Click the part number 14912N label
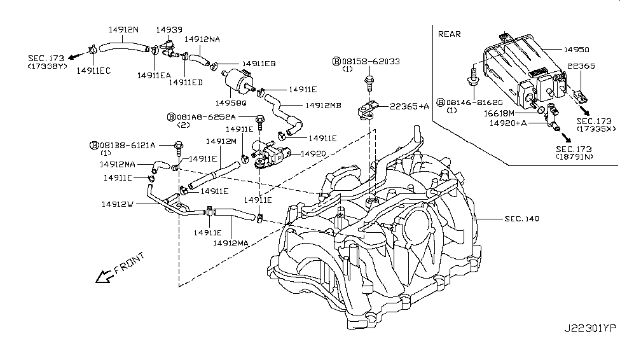(x=123, y=30)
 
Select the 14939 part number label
(x=169, y=30)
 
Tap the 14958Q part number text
(x=231, y=103)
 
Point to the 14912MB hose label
(x=323, y=106)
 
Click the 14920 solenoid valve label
(x=313, y=153)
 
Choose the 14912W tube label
(x=118, y=204)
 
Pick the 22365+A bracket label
(x=410, y=106)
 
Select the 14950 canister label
(x=576, y=50)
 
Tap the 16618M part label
(x=499, y=114)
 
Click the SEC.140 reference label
(x=521, y=219)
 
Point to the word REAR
(x=449, y=34)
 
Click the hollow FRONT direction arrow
(x=104, y=276)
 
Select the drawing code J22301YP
(x=590, y=328)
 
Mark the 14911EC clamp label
(x=93, y=71)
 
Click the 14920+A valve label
(x=508, y=123)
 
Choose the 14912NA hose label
(x=202, y=39)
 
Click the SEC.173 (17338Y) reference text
(x=46, y=62)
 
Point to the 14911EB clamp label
(x=259, y=64)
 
